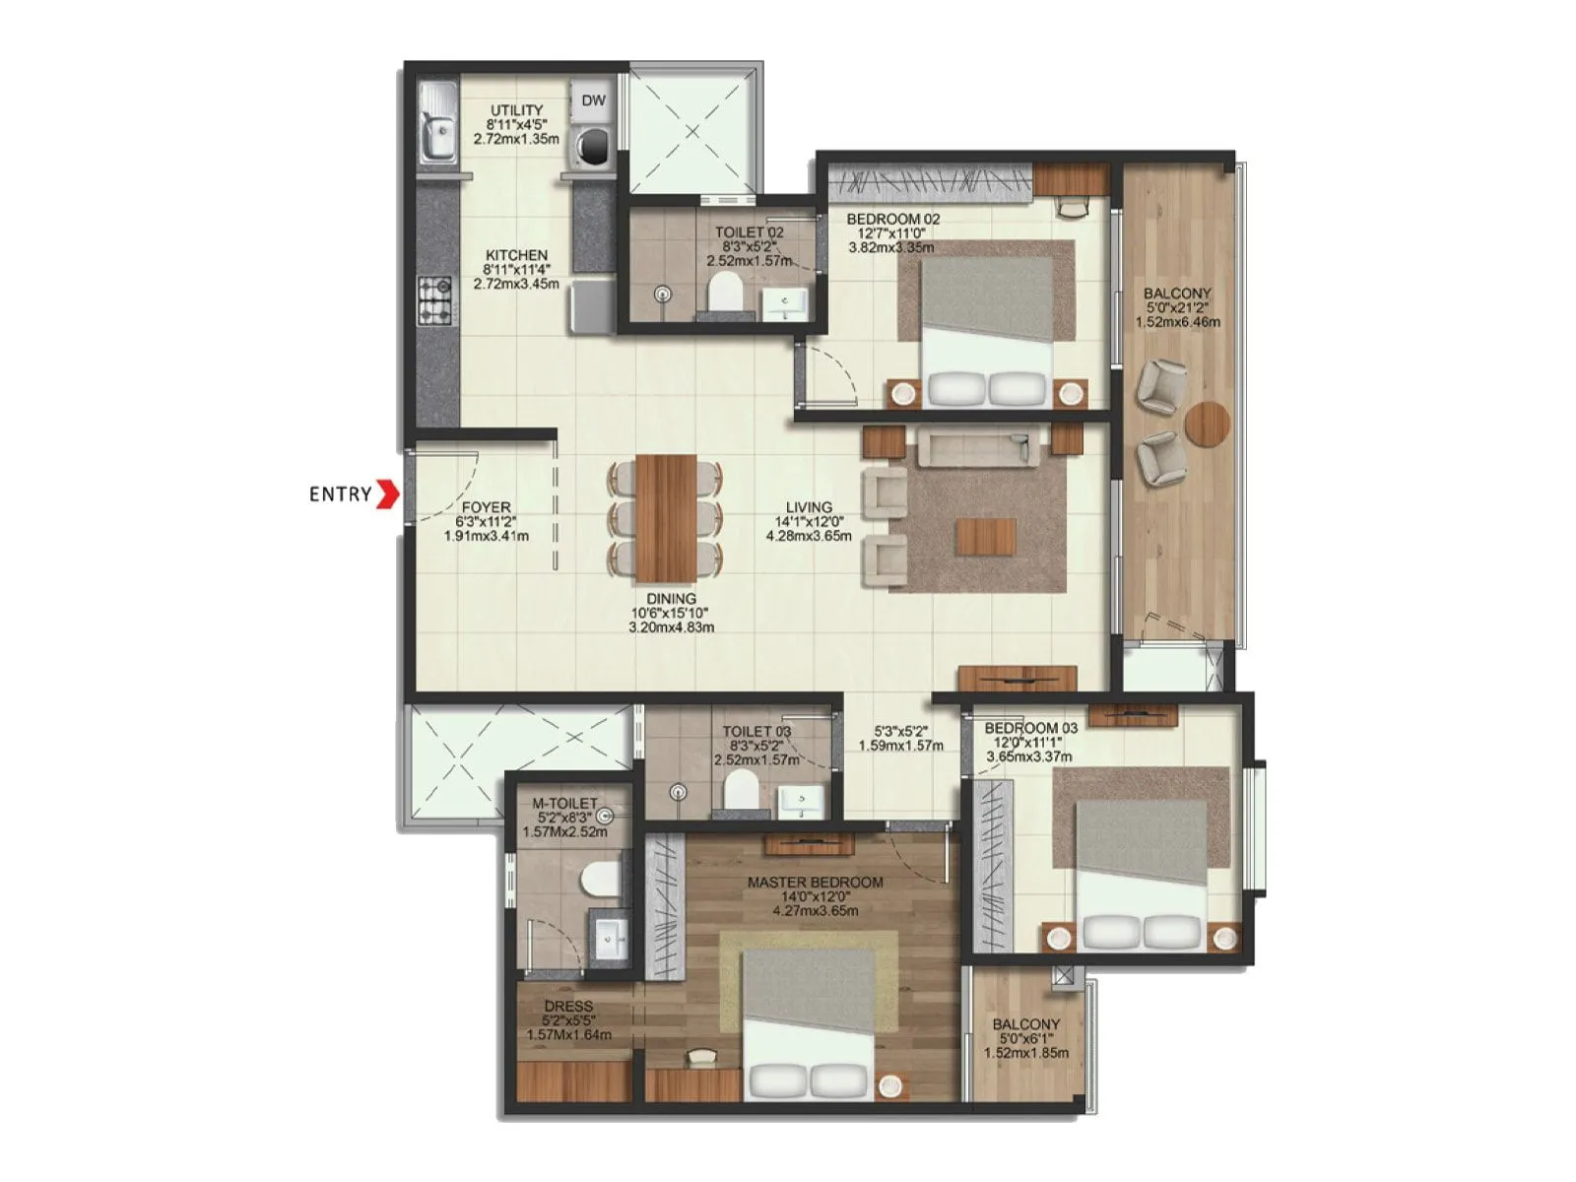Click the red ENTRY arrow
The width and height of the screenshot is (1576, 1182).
(x=389, y=493)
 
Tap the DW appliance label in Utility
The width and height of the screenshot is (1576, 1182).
(x=593, y=100)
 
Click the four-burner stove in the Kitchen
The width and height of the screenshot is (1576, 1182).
(x=435, y=301)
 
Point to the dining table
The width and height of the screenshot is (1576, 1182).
(x=666, y=517)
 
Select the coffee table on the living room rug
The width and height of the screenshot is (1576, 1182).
(x=985, y=536)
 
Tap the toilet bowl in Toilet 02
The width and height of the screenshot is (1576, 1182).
(x=726, y=292)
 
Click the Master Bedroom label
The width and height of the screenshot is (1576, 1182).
(x=815, y=883)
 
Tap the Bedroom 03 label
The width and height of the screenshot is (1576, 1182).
(x=1030, y=728)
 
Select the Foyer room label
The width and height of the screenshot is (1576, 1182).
(x=486, y=508)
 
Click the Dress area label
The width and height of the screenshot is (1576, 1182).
(x=568, y=1006)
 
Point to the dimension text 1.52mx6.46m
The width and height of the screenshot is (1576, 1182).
(x=1177, y=321)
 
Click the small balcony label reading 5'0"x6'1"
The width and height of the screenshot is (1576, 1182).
(x=1025, y=1038)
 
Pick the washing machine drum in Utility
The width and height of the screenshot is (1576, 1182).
(x=594, y=145)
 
